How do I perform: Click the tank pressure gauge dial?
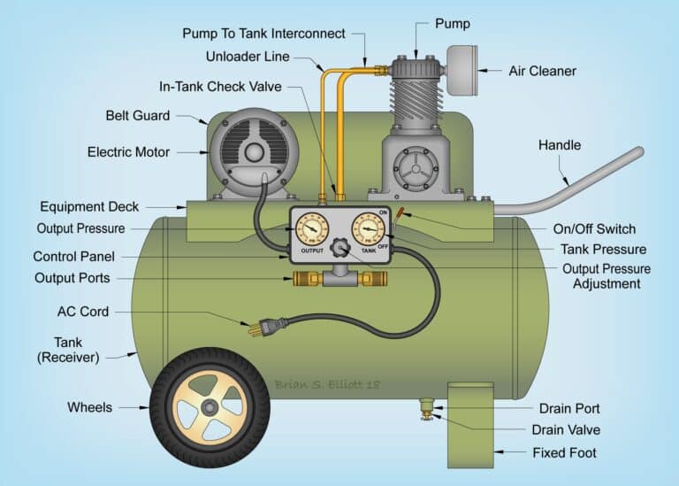[368, 230]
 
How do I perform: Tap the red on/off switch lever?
[401, 212]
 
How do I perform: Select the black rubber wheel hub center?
[210, 407]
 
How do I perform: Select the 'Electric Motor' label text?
[128, 152]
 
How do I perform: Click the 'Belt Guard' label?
[138, 116]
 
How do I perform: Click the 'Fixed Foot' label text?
[564, 452]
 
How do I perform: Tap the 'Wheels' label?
[90, 407]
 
